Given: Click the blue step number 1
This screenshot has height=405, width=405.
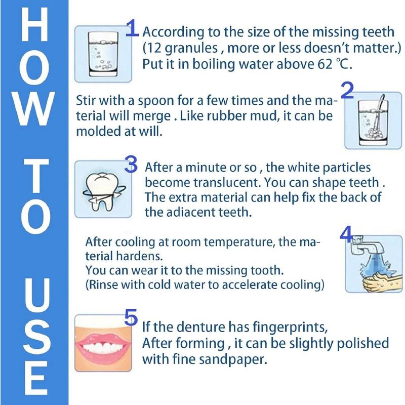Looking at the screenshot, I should (132, 29).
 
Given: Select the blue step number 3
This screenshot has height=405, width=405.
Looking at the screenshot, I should (131, 165).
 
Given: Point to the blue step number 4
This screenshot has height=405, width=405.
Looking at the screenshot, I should (346, 234).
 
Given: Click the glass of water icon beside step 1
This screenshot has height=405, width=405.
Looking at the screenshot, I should (99, 53).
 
